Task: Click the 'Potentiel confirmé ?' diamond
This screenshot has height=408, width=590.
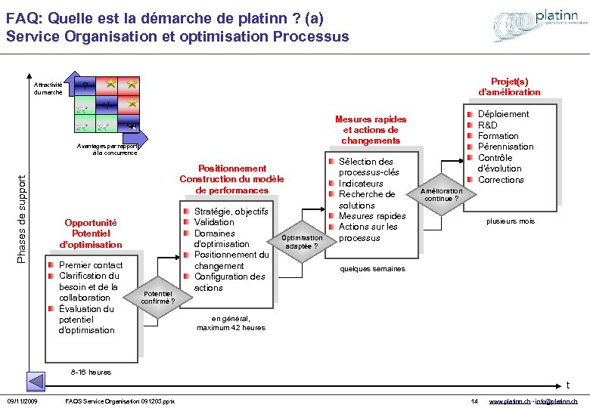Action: pos(160,298)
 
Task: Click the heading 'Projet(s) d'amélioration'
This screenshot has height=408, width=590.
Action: pos(509,86)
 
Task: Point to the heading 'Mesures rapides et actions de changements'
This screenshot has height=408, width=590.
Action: pos(371,130)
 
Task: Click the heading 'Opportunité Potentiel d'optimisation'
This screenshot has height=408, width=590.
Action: pos(91,233)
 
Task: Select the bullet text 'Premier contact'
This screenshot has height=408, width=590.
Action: pos(90,265)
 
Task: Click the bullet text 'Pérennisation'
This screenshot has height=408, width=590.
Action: pos(505,147)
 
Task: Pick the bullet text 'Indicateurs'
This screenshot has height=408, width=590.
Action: pos(361,184)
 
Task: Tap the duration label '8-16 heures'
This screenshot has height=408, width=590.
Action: pos(90,372)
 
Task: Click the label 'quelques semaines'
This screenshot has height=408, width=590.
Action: pos(372,269)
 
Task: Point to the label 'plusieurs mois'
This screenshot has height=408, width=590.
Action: pos(510,221)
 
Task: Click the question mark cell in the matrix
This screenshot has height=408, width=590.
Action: pos(85,85)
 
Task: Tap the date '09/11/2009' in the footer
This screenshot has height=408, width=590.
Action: pos(23,400)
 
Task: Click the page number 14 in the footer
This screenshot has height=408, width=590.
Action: pos(474,400)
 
